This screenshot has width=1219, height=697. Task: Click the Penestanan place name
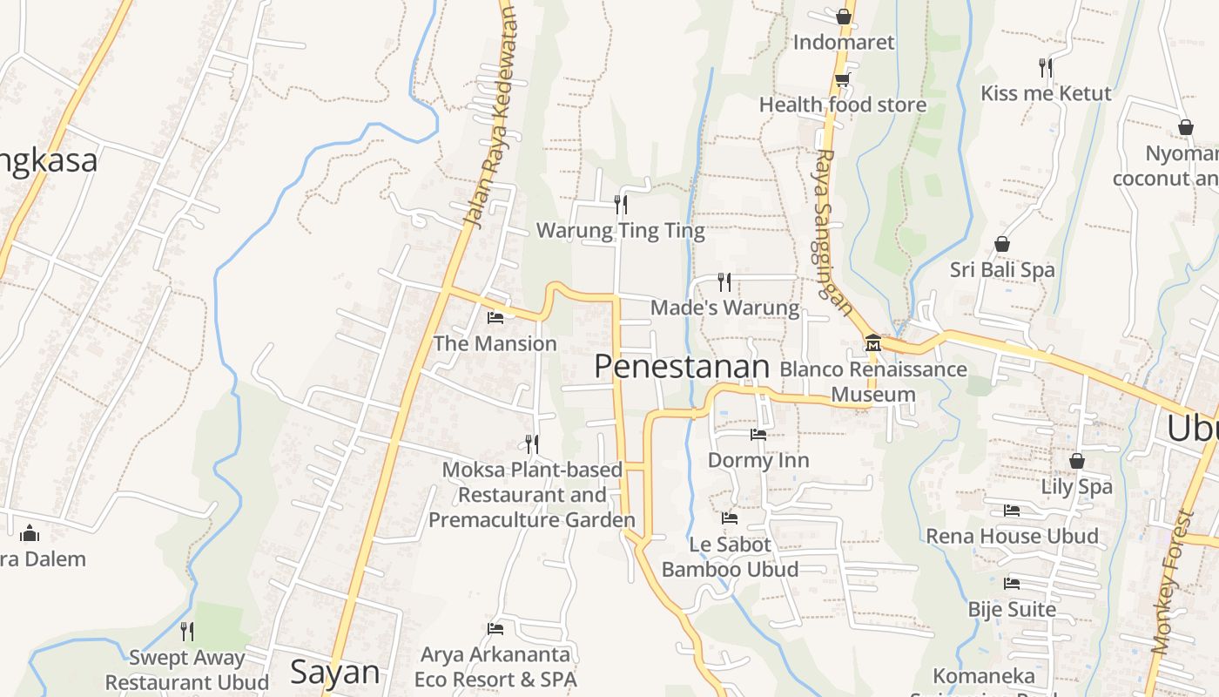click(682, 367)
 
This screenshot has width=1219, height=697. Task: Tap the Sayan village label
click(334, 672)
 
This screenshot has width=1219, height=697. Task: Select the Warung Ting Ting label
click(620, 231)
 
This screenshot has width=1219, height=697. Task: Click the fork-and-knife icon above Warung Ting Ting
click(621, 204)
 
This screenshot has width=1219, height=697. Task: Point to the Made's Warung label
click(724, 308)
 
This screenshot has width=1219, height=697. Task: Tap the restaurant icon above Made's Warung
click(724, 281)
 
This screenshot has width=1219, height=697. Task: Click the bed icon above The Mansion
click(495, 317)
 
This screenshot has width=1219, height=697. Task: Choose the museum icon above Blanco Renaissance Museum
click(873, 343)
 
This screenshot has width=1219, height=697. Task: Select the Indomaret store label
click(843, 42)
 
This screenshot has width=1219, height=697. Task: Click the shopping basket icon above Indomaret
click(843, 17)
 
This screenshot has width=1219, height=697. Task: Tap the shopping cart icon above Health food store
click(842, 80)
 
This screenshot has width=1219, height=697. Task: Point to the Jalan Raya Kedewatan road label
click(491, 118)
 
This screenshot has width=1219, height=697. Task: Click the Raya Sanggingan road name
click(833, 231)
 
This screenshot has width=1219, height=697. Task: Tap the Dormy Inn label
click(758, 460)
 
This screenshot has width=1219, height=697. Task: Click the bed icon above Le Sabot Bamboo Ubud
click(730, 518)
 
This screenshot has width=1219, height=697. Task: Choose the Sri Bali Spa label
click(1002, 270)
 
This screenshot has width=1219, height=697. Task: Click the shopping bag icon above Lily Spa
click(1077, 461)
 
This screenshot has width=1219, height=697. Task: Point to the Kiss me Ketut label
click(1046, 93)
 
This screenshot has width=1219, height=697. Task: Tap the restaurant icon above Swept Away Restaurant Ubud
click(187, 631)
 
